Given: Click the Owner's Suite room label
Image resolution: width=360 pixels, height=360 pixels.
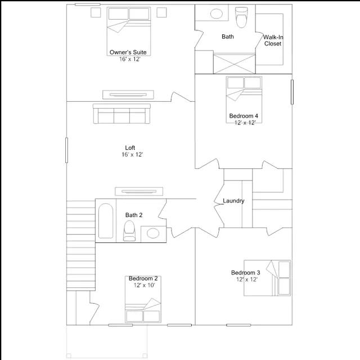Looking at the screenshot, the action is point(128,52).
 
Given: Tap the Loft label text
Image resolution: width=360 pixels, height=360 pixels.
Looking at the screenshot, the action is point(130,147).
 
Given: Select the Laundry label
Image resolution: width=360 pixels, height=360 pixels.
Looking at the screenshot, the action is point(233,201).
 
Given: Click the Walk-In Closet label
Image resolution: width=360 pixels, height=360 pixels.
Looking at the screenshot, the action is point(273,40).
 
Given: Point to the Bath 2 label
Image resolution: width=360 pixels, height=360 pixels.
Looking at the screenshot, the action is point(134,215).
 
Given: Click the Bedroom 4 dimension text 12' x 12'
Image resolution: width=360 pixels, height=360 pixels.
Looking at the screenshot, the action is point(245,123).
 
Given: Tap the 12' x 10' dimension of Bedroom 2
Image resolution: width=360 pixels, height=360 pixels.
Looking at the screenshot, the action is point(144,285).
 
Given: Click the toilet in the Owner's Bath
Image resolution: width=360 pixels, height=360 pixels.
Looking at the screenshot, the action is point(241,17).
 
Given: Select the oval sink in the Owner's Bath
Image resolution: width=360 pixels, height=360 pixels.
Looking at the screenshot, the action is point(216,13).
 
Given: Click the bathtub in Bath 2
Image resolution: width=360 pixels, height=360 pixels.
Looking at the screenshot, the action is point(106,220).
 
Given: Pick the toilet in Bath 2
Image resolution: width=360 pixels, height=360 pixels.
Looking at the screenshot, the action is point(129,231).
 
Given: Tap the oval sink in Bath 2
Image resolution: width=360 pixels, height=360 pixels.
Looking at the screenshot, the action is point(153,233).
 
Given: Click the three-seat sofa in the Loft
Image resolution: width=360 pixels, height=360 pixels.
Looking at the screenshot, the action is point(121,114).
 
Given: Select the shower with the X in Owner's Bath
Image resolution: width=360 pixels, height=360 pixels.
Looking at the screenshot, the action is point(234,64).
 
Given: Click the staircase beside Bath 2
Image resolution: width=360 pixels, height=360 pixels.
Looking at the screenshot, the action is point(81,246).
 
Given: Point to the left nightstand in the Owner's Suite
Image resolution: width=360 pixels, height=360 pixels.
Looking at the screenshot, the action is point(96,12).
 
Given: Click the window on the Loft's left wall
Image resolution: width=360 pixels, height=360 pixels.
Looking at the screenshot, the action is point(66,150).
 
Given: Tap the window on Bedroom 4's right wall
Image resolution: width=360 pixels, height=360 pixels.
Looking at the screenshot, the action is point(292,92).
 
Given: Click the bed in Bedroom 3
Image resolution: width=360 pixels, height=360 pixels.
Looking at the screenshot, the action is point(267,278).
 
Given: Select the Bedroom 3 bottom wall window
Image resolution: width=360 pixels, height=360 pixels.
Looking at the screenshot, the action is point(238,325).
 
